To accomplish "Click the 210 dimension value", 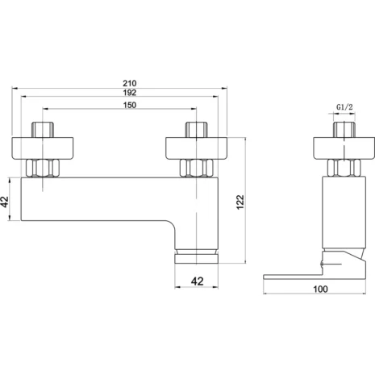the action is coord(130,83).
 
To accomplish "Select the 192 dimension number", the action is coord(130,93).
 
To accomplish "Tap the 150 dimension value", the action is coord(130,105).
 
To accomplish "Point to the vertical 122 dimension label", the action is coord(240,202).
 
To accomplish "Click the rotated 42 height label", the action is coord(5,202).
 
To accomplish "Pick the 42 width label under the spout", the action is coord(197,281).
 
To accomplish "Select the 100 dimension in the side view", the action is coord(320,290).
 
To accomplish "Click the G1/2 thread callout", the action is coord(344,107).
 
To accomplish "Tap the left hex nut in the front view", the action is coord(43,168).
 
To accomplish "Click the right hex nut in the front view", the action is coord(197,168).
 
